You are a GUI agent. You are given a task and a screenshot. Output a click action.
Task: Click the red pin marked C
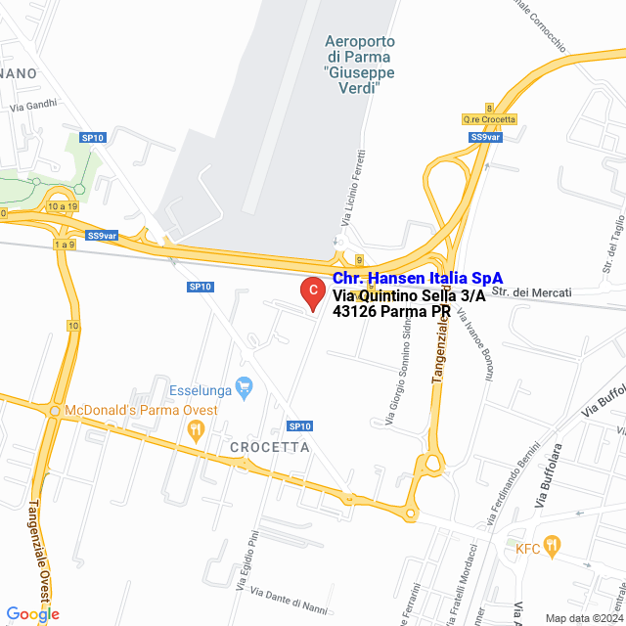[x=312, y=291]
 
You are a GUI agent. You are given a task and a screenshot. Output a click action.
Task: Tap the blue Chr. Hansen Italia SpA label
[x=411, y=279]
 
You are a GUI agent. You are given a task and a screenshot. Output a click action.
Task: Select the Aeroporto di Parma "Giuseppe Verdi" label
[x=359, y=65]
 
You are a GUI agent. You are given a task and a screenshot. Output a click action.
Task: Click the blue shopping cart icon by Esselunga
[x=246, y=388]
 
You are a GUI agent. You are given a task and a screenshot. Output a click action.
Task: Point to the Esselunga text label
[x=201, y=388]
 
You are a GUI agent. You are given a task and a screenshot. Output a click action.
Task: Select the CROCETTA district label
[x=269, y=447]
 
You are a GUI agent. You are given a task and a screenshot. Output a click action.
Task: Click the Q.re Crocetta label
[x=489, y=119]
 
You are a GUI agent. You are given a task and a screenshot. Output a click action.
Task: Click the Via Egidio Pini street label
[x=246, y=560]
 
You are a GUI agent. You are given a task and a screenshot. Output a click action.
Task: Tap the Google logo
[x=32, y=614]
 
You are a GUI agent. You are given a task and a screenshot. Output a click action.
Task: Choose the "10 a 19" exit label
[x=61, y=206]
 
